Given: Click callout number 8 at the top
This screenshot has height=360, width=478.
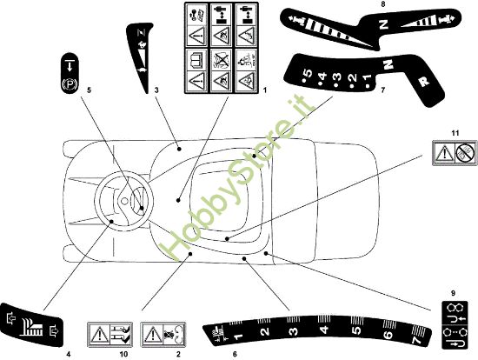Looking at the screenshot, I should (382, 4).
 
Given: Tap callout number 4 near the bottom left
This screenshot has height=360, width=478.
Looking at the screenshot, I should (67, 354).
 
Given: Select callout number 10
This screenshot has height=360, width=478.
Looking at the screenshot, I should (123, 355).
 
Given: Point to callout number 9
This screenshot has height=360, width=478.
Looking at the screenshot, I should (453, 291).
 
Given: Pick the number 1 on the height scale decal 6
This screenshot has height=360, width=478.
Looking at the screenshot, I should (238, 330).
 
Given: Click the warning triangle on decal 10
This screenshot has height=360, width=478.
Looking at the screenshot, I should (101, 335).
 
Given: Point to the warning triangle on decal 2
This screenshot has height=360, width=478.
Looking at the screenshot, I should (152, 335).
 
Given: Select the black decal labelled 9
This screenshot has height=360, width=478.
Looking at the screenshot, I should (453, 325).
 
